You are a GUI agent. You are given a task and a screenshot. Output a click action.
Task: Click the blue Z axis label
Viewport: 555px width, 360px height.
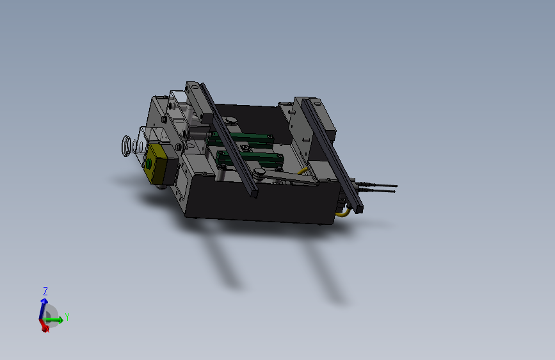pos(45,291)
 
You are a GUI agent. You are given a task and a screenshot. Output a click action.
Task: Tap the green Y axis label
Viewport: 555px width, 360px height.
pos(67,317)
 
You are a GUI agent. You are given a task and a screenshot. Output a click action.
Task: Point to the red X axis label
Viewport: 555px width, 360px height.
pos(47,330)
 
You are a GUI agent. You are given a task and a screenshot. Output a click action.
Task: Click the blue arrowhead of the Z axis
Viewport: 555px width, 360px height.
pos(44,301)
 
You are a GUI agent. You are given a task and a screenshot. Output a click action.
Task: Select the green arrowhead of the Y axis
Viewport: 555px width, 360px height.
pos(60,320)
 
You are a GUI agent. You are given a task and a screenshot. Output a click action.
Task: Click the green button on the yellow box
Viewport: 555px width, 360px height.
pos(149,163)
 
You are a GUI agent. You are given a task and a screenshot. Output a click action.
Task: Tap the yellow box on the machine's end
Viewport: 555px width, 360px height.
pos(160,165)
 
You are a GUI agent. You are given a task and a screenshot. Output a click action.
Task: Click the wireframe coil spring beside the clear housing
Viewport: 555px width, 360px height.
pos(126,145)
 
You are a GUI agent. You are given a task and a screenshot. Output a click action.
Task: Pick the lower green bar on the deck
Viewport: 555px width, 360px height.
pos(250,160)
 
